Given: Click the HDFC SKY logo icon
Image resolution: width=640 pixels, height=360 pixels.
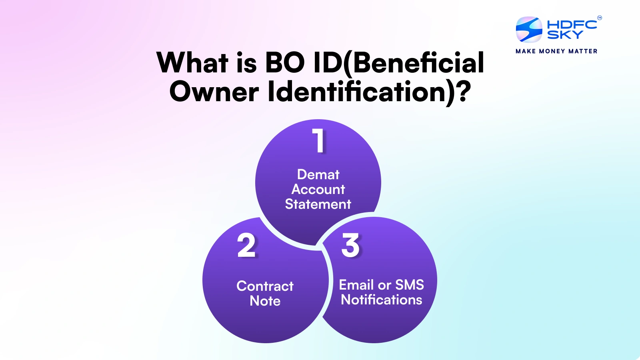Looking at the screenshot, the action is [529, 29].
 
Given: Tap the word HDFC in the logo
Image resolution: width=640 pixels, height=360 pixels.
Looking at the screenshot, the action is [572, 24].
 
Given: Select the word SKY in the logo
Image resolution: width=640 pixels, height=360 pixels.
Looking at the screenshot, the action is [565, 34].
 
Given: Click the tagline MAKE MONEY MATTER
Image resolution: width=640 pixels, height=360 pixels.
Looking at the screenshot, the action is [556, 51].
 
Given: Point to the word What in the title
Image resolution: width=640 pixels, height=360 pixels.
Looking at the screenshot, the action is [192, 62].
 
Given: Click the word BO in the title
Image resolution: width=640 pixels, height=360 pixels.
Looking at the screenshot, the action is [285, 62].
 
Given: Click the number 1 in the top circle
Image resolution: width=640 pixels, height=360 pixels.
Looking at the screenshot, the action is [318, 140].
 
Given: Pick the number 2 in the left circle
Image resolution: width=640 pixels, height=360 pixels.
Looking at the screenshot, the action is [246, 245].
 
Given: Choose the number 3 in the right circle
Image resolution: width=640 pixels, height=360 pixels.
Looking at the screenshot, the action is [350, 245].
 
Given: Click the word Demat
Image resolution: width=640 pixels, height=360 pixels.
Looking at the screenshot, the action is [318, 174].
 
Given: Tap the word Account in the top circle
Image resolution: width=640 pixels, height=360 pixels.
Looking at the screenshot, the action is [318, 189].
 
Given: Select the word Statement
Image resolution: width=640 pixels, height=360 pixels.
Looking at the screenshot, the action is [318, 204].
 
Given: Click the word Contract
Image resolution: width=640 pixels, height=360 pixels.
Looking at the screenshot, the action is [265, 286].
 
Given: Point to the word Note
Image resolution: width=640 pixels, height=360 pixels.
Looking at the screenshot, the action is [265, 301].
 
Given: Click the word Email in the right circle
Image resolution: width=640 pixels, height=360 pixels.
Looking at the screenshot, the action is [356, 284].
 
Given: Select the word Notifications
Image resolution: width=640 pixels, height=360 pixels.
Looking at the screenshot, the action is [382, 300].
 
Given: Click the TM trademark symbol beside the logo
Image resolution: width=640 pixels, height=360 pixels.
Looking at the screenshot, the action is [600, 18].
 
